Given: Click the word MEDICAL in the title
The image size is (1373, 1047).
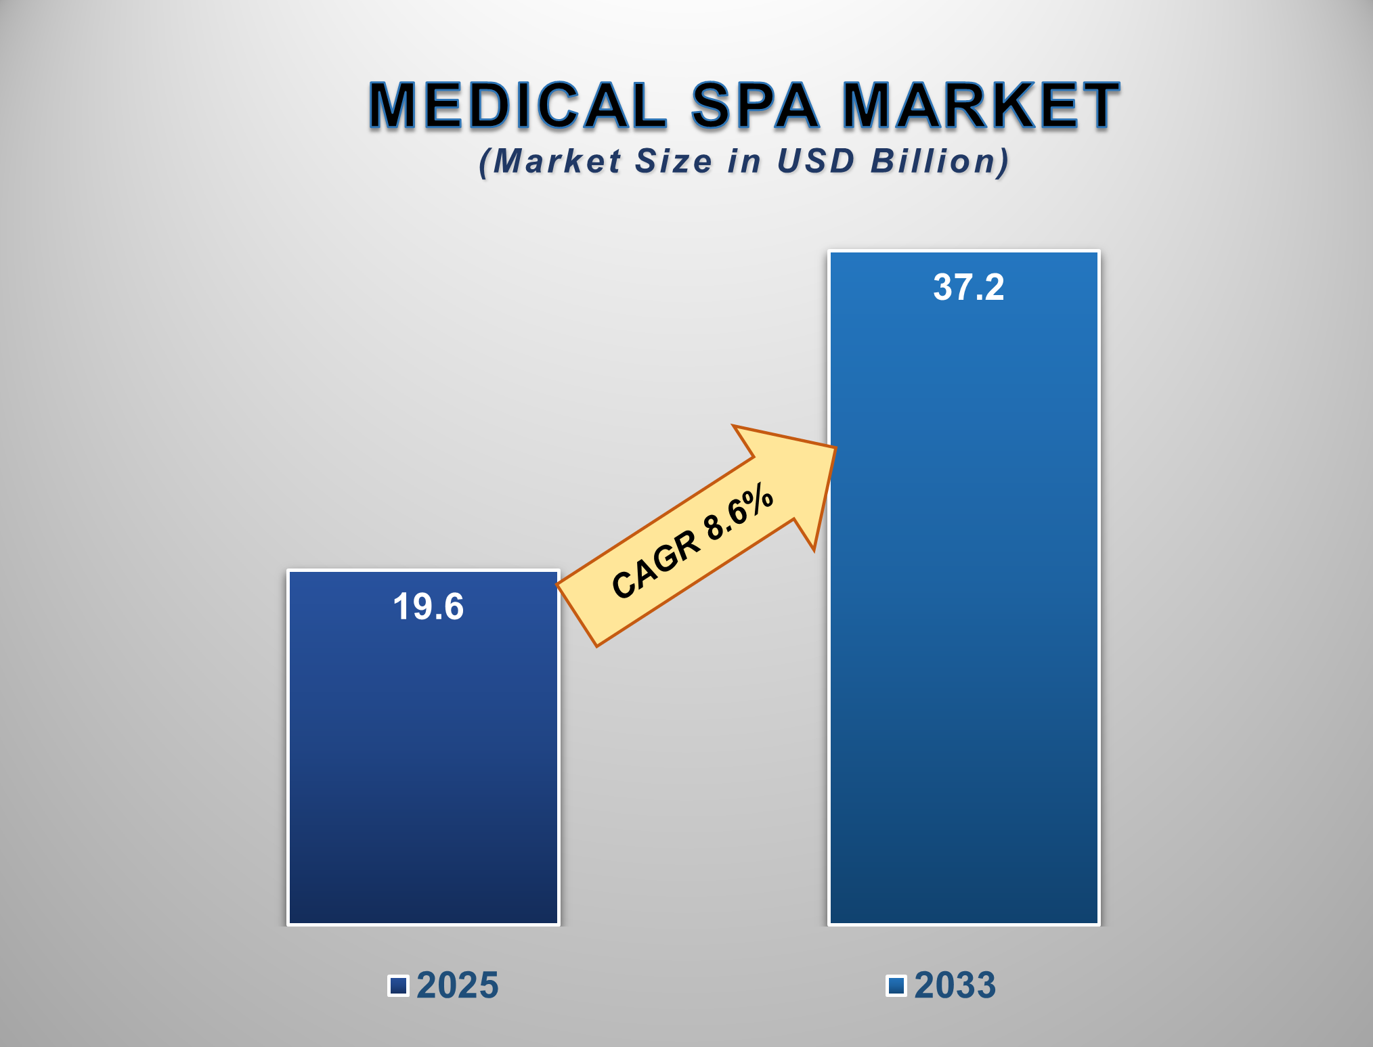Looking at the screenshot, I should click(518, 105).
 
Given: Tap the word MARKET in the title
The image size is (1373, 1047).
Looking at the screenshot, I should click(981, 105).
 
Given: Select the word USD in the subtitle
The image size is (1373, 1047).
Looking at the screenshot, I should click(816, 161).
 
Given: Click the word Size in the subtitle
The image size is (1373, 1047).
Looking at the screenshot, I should click(674, 161).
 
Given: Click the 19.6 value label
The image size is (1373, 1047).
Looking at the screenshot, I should click(428, 606).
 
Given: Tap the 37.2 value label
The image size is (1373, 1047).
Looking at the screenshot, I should click(968, 287).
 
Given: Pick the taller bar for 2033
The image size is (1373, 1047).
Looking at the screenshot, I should click(964, 609).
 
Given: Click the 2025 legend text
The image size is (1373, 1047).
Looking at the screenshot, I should click(457, 985).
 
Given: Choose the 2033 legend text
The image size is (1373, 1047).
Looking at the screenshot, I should click(955, 985).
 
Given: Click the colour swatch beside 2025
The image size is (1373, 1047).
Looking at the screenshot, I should click(399, 985).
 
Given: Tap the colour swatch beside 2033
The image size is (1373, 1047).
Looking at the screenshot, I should click(896, 985).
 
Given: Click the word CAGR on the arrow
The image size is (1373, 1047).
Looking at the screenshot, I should click(655, 565).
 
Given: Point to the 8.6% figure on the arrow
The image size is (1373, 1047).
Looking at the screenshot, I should click(738, 512).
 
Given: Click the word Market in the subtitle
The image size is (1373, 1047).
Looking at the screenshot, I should click(557, 161).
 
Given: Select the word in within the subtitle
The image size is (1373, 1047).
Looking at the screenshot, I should click(744, 161).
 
